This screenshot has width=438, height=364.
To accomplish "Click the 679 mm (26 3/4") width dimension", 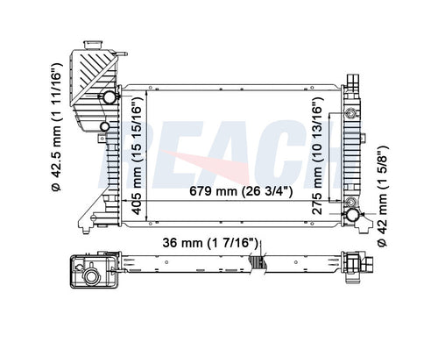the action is click(241, 191).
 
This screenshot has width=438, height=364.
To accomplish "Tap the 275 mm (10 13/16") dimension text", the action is click(318, 156).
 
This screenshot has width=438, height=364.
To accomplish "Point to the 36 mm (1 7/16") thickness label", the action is click(210, 243).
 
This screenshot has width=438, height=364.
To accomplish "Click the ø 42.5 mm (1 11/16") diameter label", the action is click(56, 127).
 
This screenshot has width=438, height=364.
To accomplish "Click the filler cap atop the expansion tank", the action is click(93, 45).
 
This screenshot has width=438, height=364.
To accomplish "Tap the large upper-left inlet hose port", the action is click(109, 97).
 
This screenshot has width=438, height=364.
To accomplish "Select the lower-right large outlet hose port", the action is click(353, 214).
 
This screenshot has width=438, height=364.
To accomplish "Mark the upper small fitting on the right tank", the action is click(350, 113).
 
